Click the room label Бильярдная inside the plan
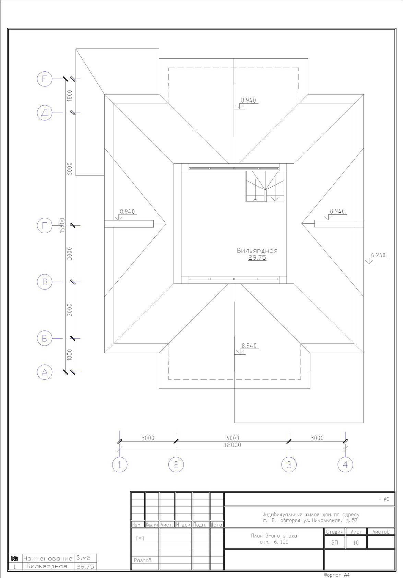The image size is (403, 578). click(257, 250)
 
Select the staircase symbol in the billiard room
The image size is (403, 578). click(265, 186)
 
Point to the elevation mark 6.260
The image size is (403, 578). click(378, 255)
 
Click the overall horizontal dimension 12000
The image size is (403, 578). click(233, 445)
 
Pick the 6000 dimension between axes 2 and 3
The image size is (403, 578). click(233, 438)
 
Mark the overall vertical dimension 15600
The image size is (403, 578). click(62, 225)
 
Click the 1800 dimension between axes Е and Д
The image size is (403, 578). click(69, 95)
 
